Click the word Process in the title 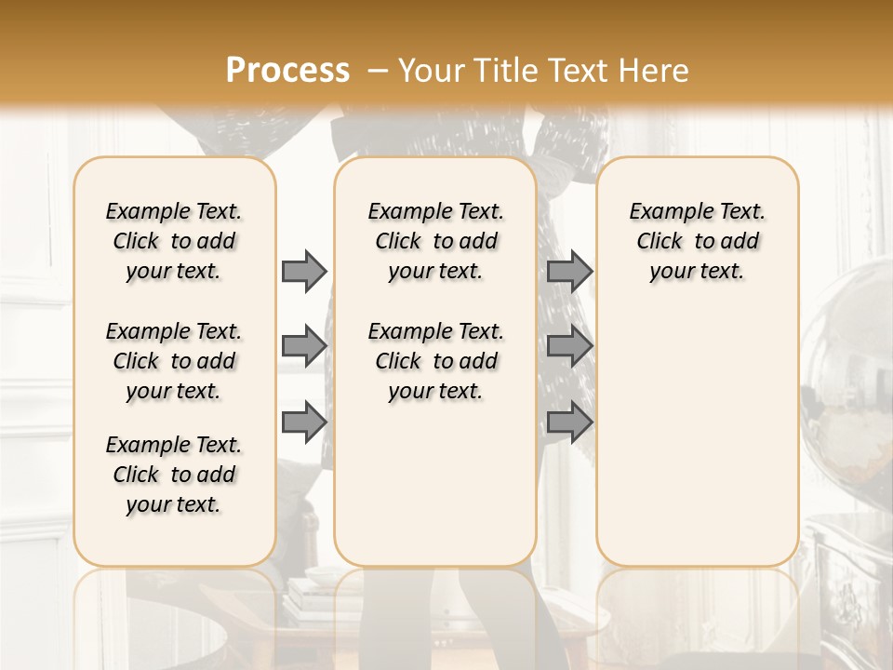click(287, 70)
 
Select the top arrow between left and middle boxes click(304, 271)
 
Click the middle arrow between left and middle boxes click(304, 346)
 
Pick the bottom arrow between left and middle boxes click(304, 422)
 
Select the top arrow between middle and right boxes click(569, 271)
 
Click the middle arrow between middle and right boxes click(569, 346)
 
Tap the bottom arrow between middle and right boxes click(569, 422)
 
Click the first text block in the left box click(174, 241)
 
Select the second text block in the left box click(174, 361)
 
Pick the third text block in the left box click(174, 475)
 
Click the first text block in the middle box click(435, 241)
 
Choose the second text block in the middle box click(435, 361)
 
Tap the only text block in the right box click(697, 241)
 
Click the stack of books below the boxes click(312, 596)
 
